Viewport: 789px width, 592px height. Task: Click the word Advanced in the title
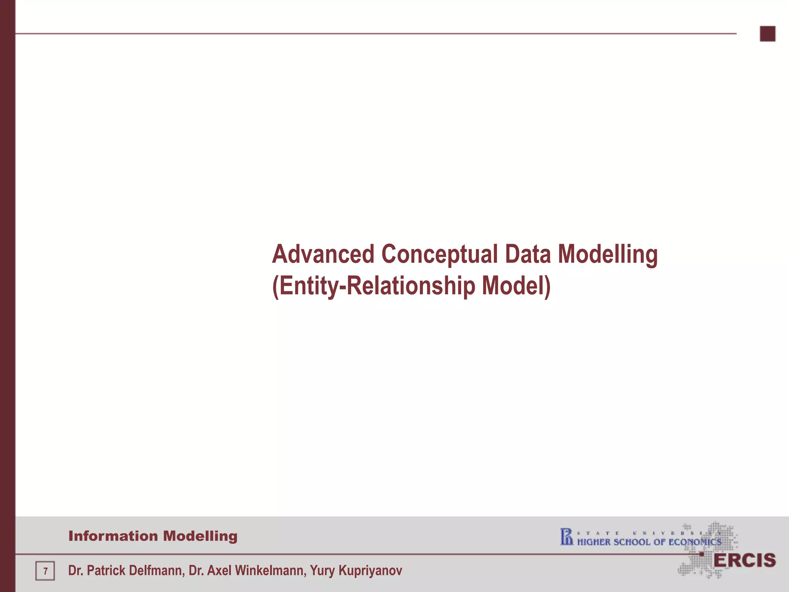coord(323,254)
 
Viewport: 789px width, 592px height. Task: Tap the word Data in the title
coord(527,254)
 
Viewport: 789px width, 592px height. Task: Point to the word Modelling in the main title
coord(608,254)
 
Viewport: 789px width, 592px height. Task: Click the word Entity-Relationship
coord(374,286)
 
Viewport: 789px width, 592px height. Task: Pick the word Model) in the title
coord(516,286)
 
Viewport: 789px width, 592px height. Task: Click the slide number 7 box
coord(45,571)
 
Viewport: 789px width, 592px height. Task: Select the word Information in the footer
coord(113,536)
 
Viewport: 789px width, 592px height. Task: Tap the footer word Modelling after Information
coord(200,536)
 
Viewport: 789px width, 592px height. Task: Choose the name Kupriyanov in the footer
coord(370,570)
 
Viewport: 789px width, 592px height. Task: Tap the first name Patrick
coord(105,570)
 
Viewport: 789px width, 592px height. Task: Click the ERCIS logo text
coord(744,561)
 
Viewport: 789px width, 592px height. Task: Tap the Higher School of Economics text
coord(649,542)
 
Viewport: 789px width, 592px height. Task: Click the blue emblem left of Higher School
coord(567,537)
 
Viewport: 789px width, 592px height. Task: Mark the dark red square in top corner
coord(767,34)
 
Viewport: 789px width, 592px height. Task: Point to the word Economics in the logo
coord(695,542)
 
